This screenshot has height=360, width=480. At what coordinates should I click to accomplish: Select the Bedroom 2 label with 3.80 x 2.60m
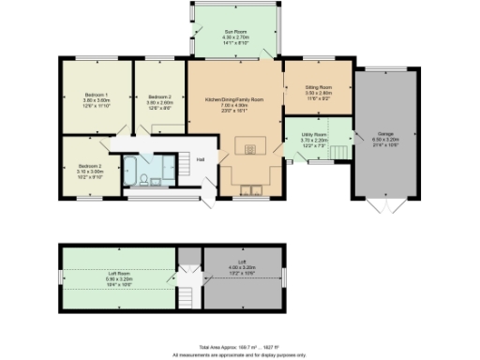158,100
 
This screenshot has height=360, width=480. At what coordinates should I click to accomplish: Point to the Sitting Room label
319,91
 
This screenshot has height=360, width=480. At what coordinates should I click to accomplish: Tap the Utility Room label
315,139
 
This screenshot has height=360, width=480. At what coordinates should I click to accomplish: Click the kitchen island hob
249,148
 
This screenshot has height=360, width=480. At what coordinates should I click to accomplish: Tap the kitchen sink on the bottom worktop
252,193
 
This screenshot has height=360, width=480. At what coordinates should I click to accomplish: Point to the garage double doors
384,206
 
